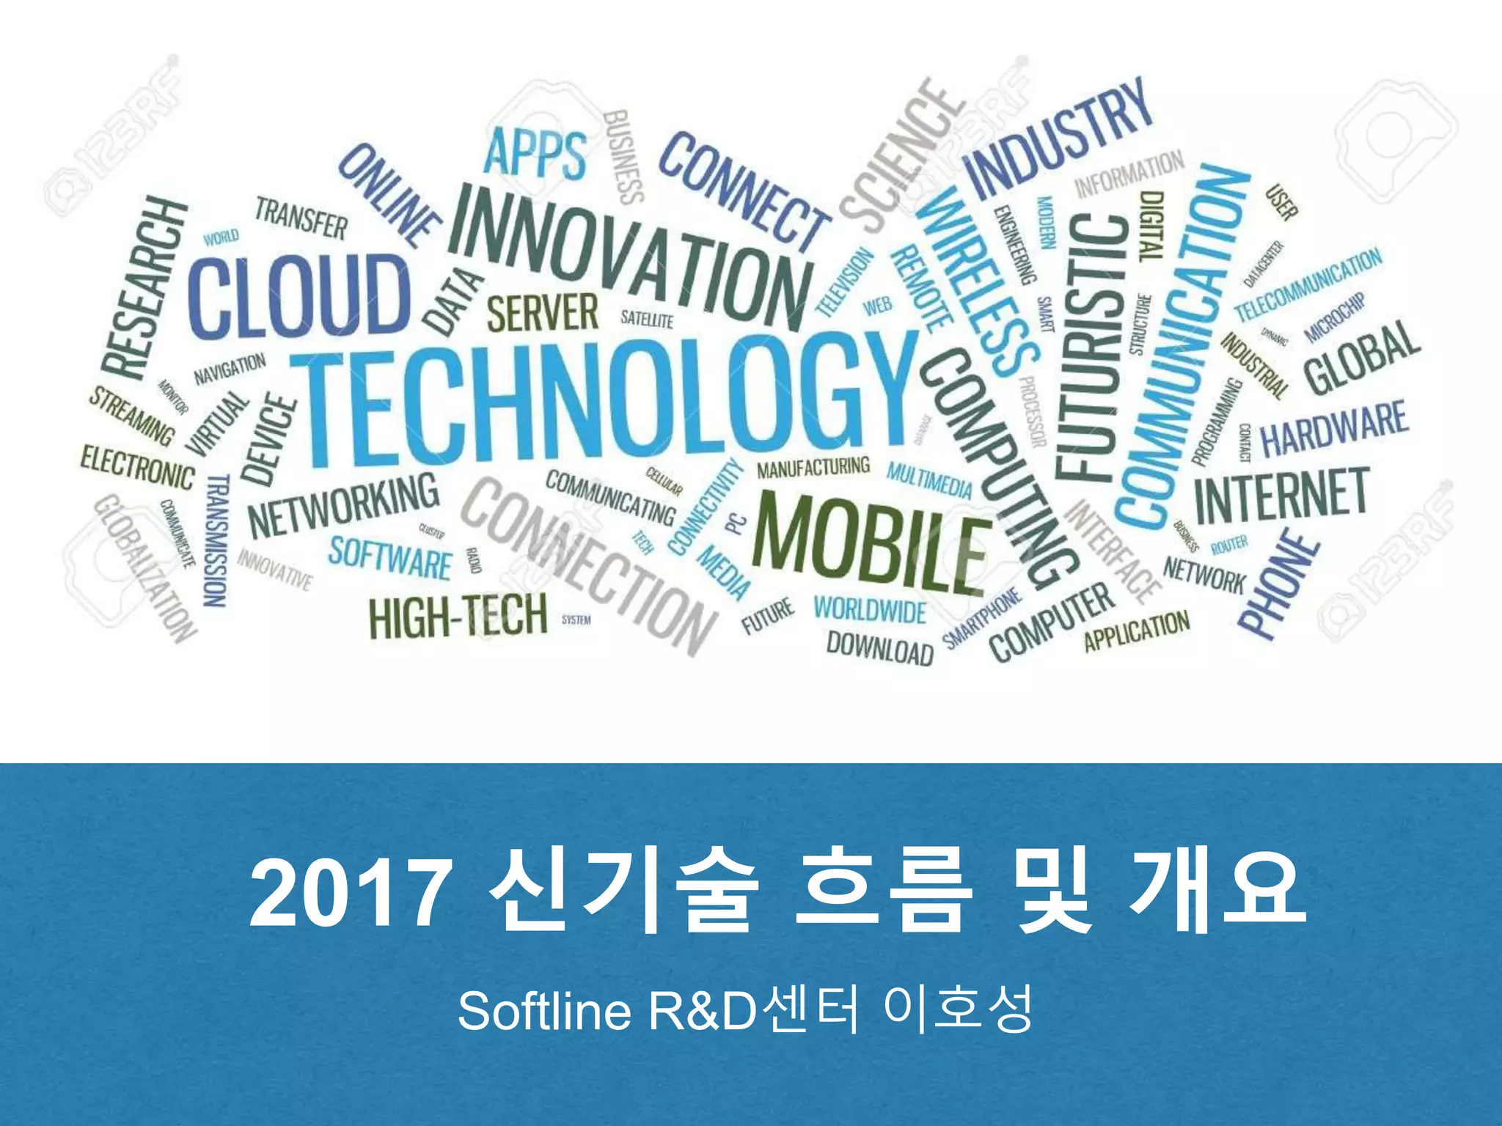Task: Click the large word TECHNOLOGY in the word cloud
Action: pos(601,400)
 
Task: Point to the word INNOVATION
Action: pos(631,253)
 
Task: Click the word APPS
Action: pos(535,154)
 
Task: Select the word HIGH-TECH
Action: pos(458,616)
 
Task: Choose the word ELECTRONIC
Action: pos(138,466)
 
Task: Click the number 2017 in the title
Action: pos(349,896)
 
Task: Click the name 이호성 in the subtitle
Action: pos(959,1009)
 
